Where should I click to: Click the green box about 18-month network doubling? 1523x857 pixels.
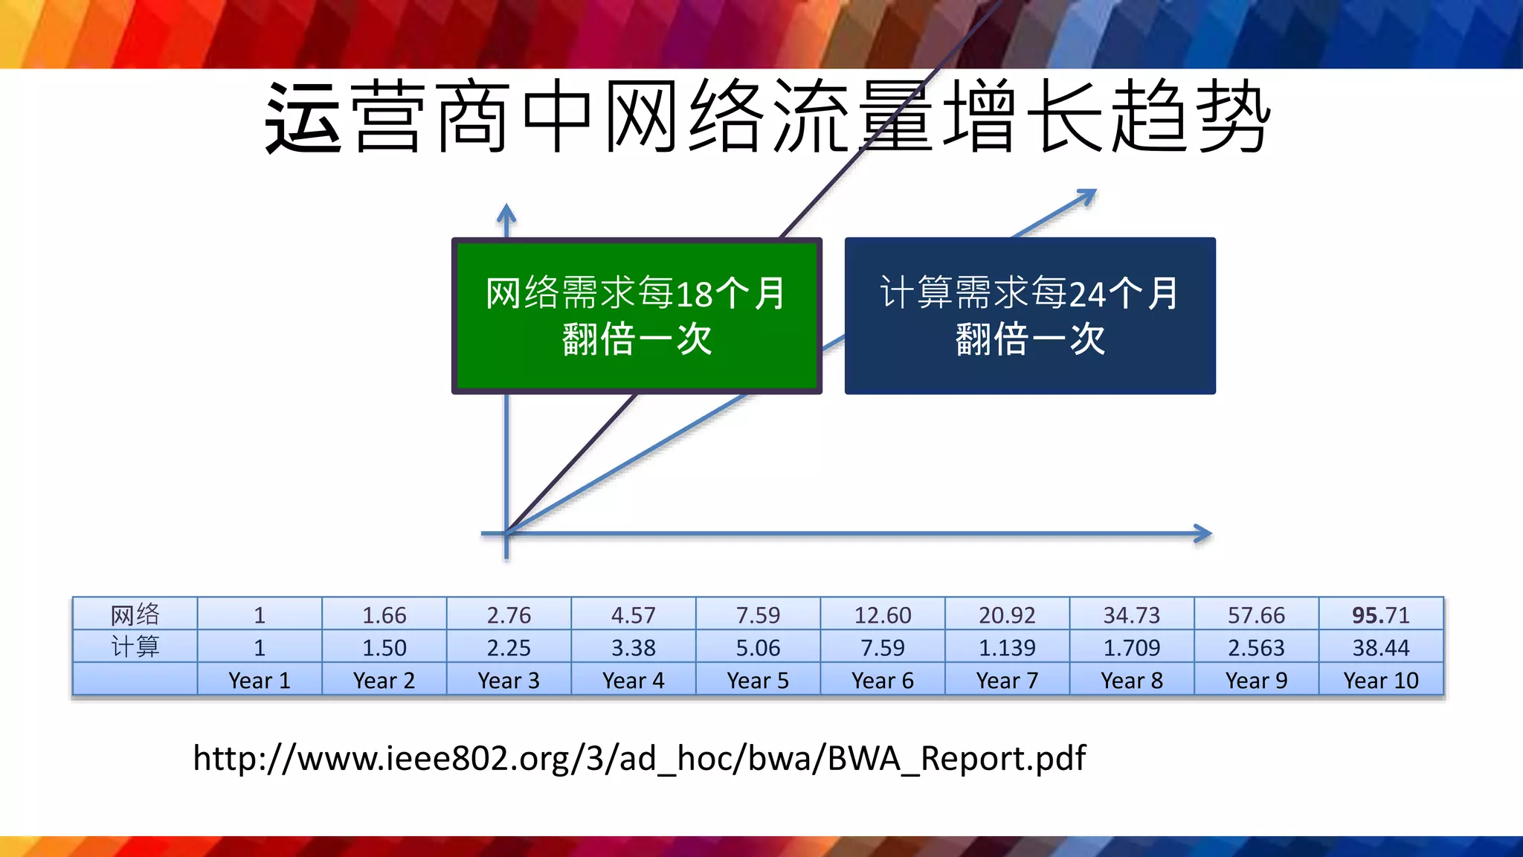[637, 315]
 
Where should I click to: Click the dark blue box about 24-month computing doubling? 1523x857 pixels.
[1030, 315]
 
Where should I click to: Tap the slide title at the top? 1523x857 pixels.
[767, 118]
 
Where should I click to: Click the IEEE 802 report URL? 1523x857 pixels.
[640, 759]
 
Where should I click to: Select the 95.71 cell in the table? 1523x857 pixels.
[1381, 615]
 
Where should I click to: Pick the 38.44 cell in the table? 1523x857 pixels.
[1381, 648]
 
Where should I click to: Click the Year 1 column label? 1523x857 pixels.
[260, 681]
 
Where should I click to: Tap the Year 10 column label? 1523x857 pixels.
[1381, 681]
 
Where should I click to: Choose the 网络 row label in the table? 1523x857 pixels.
[135, 615]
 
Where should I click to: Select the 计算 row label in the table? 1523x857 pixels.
[135, 647]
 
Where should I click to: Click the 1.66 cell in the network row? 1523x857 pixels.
[384, 615]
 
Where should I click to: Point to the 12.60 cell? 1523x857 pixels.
[883, 615]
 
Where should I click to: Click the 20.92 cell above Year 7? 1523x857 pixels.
[1007, 615]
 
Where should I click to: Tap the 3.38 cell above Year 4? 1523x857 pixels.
[634, 648]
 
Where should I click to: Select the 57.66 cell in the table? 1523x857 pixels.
[1256, 615]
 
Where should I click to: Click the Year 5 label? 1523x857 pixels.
[758, 681]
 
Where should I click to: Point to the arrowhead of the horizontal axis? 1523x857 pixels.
[1203, 533]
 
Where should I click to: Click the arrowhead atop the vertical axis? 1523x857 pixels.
[506, 214]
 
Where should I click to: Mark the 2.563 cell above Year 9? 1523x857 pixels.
[1256, 648]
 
